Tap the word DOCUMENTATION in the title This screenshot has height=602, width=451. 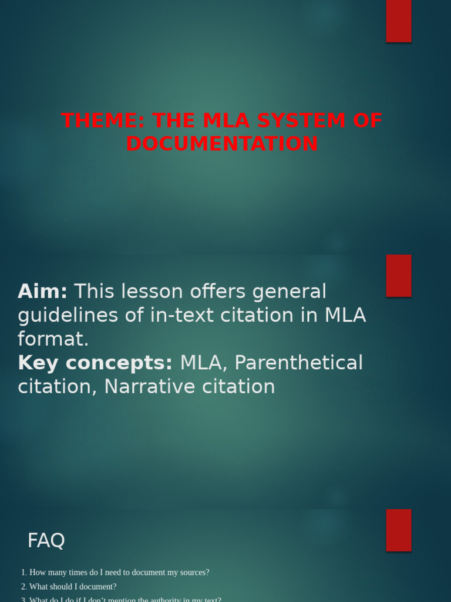(x=222, y=143)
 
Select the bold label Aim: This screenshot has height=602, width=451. (x=42, y=291)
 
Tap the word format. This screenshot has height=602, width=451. (x=53, y=339)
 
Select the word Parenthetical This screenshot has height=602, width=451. (x=298, y=363)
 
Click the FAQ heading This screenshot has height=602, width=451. (x=46, y=540)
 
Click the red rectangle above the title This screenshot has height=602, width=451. (x=398, y=21)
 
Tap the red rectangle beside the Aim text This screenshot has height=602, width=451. (x=398, y=276)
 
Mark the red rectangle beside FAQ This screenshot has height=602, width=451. (x=398, y=530)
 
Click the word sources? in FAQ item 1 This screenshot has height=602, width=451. (x=192, y=572)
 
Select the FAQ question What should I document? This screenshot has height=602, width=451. (x=73, y=586)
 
